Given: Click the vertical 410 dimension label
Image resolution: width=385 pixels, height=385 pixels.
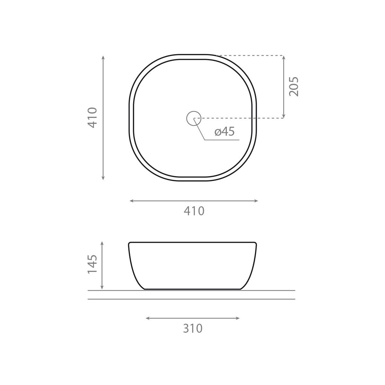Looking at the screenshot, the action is tap(92, 118).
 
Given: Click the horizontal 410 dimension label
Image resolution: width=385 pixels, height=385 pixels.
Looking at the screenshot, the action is tap(194, 211).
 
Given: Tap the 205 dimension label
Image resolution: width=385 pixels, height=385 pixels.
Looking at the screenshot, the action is tap(294, 87).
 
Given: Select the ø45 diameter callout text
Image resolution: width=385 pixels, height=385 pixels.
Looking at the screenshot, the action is tap(224, 132).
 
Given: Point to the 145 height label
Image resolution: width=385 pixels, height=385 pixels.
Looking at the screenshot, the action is tap(92, 264).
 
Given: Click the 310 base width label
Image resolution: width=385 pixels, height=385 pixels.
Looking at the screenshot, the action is tap(193, 329).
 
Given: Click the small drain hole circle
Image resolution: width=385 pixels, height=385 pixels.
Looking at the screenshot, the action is tap(193, 118).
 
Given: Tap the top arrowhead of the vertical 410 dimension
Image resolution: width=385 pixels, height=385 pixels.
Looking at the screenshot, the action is tap(103, 57).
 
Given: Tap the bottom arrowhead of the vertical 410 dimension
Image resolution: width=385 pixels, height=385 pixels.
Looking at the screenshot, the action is tap(103, 178).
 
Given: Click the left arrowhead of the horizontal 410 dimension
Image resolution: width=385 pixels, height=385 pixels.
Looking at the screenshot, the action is tap(132, 201).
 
